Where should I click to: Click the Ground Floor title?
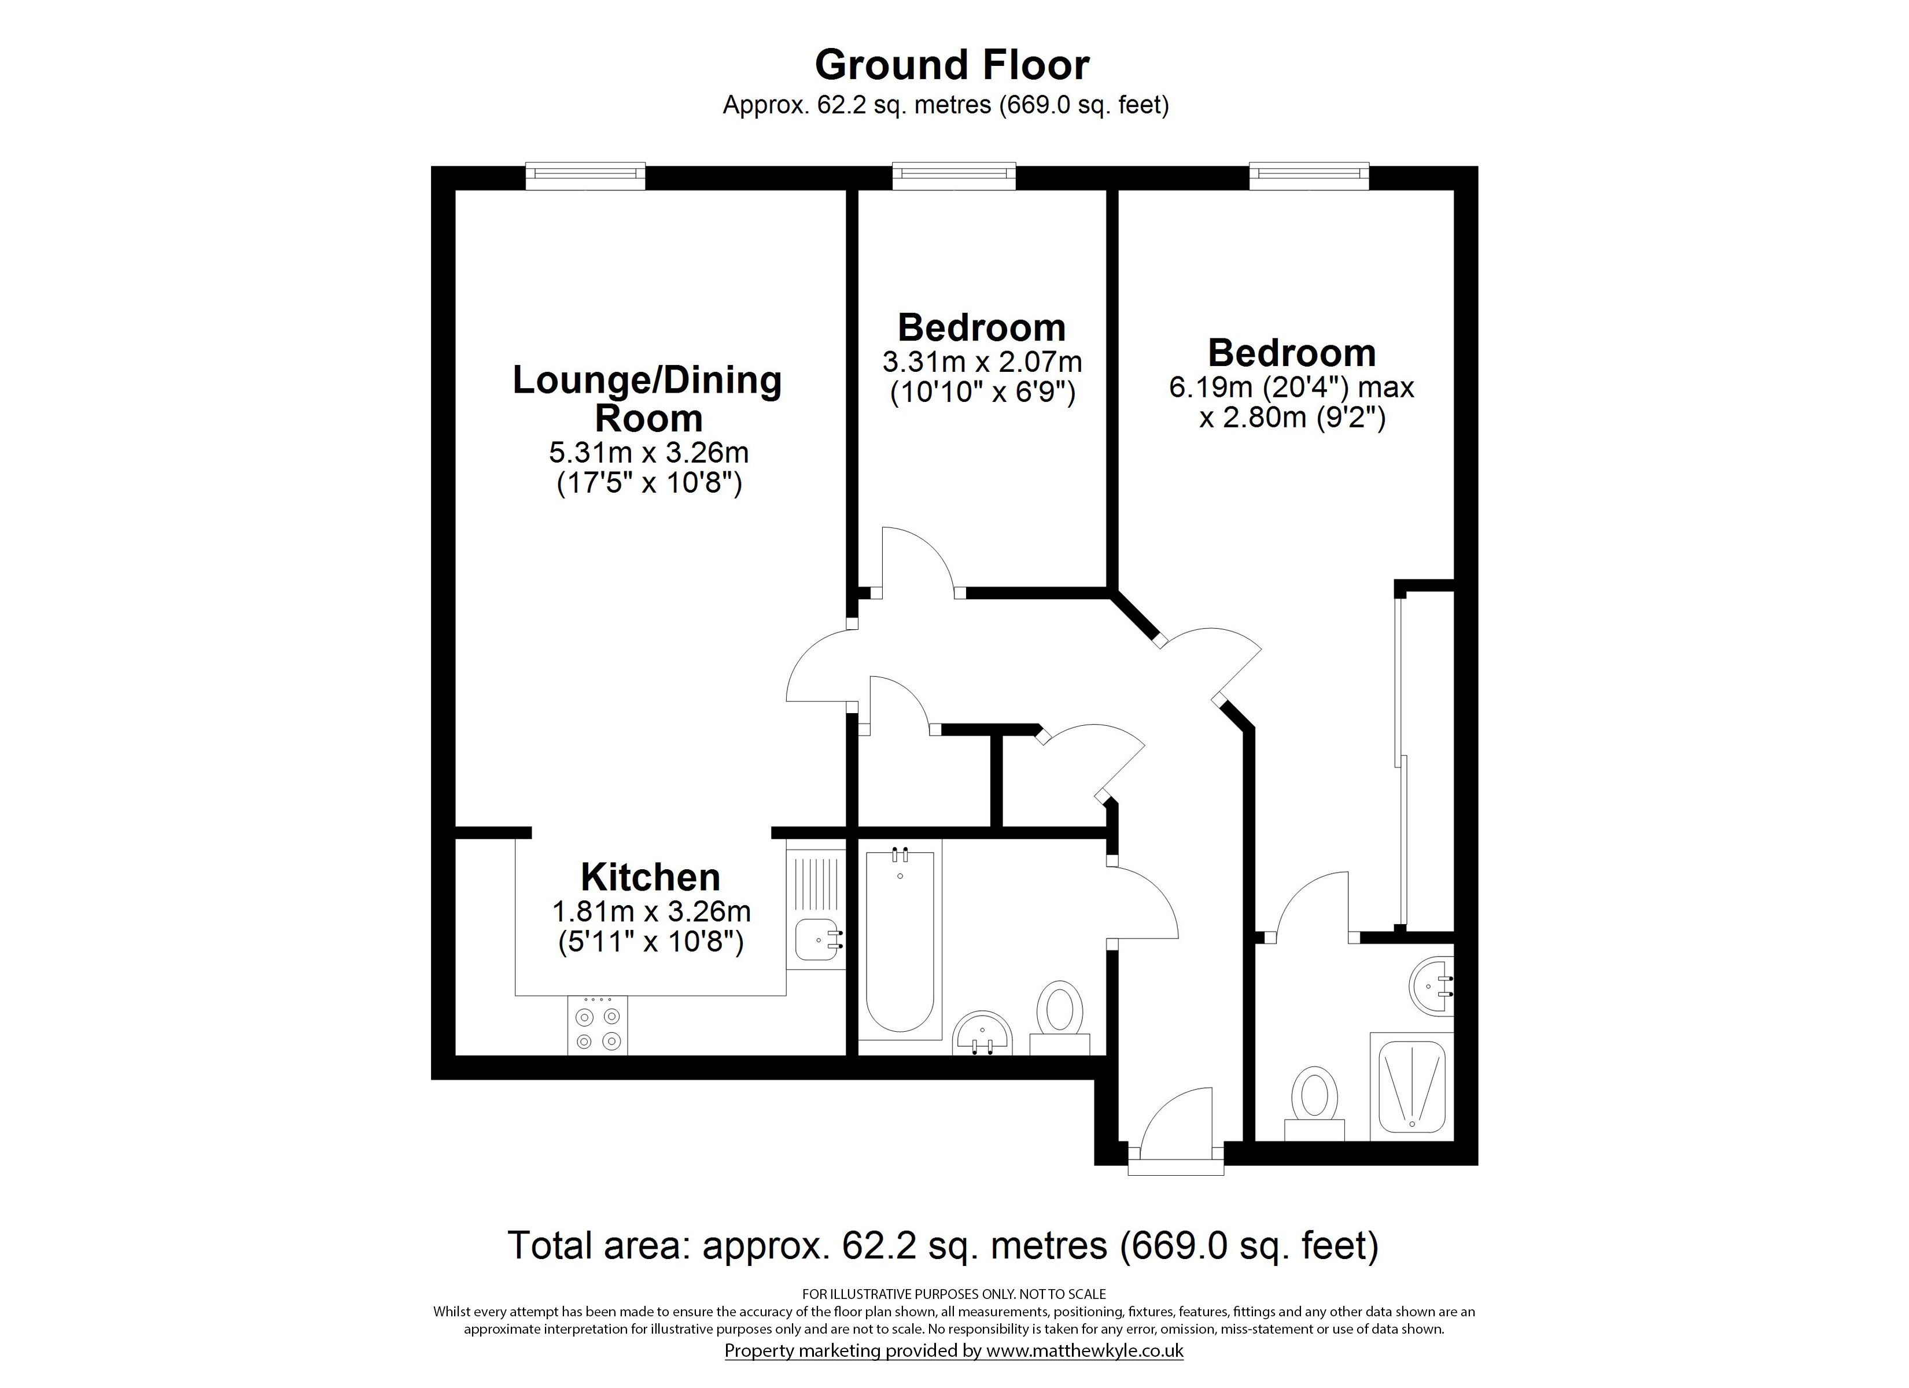952,65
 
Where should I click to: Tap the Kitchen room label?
651,877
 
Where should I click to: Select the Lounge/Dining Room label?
647,399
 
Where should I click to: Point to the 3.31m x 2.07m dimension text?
982,362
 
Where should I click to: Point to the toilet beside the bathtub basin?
1060,1018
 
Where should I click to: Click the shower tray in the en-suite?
1413,1087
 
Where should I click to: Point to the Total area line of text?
943,1246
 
